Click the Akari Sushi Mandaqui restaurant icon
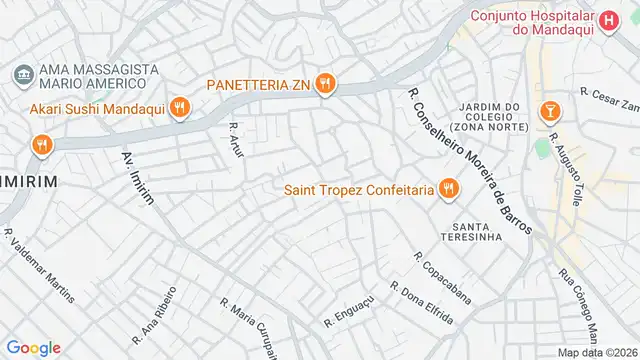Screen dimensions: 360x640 [x=179, y=107]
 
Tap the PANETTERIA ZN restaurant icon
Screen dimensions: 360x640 [x=324, y=84]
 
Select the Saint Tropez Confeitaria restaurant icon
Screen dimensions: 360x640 [x=447, y=189]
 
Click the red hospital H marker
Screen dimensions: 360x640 [x=609, y=18]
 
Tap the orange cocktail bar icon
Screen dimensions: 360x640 [x=549, y=109]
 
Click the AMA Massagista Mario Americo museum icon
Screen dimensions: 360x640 [x=22, y=74]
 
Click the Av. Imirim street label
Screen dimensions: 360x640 [x=138, y=179]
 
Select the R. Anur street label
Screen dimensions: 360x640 [x=237, y=141]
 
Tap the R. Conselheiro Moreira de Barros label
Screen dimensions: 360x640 [x=469, y=158]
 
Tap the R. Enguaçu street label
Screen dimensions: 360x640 [x=348, y=311]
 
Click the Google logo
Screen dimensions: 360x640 [x=34, y=348]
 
